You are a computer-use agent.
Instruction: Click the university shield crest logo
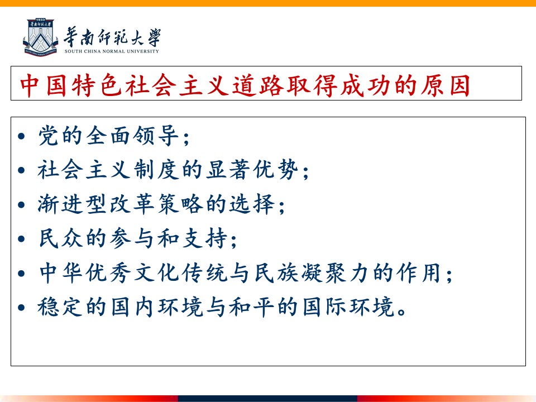click(x=40, y=37)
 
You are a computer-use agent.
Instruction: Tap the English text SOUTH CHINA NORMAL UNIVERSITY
click(x=112, y=51)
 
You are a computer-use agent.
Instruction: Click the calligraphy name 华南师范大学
click(x=112, y=37)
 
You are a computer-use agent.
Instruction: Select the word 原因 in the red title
click(x=445, y=85)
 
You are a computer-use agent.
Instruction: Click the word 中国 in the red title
click(x=43, y=85)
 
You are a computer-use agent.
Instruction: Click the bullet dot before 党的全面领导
click(x=22, y=136)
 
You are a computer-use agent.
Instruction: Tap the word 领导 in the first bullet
click(x=156, y=135)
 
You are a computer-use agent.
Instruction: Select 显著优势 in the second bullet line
click(x=252, y=169)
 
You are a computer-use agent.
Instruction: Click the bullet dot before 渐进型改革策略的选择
click(x=22, y=204)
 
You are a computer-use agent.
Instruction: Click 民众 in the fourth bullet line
click(x=61, y=238)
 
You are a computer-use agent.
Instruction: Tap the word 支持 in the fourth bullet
click(x=204, y=238)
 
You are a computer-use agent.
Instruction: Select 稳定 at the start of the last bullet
click(x=60, y=307)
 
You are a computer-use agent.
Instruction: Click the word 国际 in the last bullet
click(x=325, y=307)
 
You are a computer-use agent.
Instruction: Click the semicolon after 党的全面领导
click(x=186, y=139)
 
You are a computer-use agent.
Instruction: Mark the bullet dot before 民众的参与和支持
click(x=22, y=238)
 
